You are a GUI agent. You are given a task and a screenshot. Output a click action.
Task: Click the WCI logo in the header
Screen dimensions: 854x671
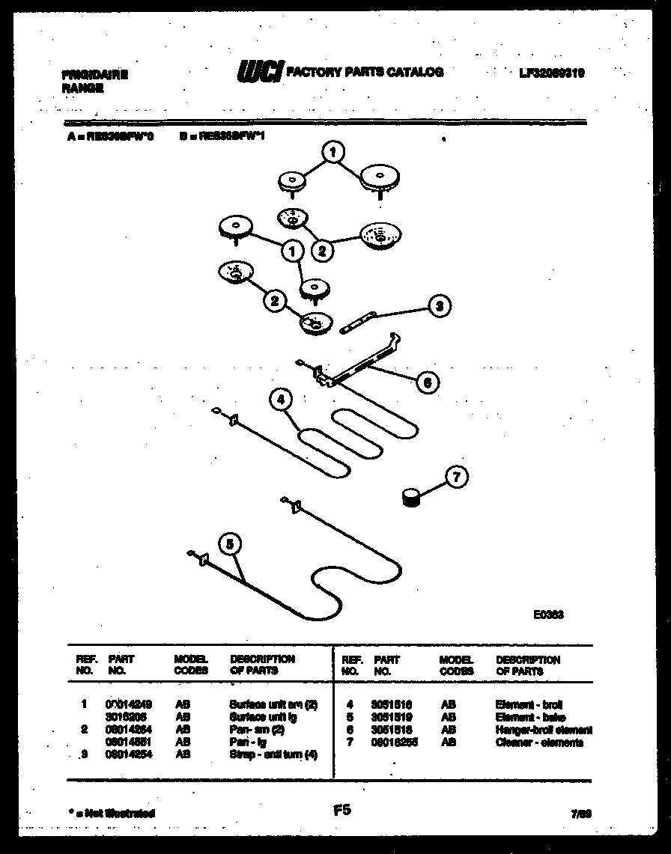point(259,71)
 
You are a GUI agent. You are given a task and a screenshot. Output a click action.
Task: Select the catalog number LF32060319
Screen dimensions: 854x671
point(551,73)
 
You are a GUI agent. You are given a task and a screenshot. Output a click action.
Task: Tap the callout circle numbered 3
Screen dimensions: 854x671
point(440,305)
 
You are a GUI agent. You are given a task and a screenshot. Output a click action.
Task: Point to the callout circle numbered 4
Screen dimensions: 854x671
point(281,400)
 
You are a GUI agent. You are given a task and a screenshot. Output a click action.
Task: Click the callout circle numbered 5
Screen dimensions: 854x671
point(231,544)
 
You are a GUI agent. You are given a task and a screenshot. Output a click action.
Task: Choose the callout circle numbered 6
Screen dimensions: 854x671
point(427,382)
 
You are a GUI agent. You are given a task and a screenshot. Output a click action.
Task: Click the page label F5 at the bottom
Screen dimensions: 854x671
point(341,809)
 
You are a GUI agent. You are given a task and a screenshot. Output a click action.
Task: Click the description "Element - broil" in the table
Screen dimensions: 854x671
point(529,705)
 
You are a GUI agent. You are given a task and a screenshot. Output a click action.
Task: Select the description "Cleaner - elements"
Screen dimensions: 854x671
point(539,742)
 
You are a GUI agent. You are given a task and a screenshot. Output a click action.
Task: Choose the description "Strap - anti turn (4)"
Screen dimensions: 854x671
point(273,754)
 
